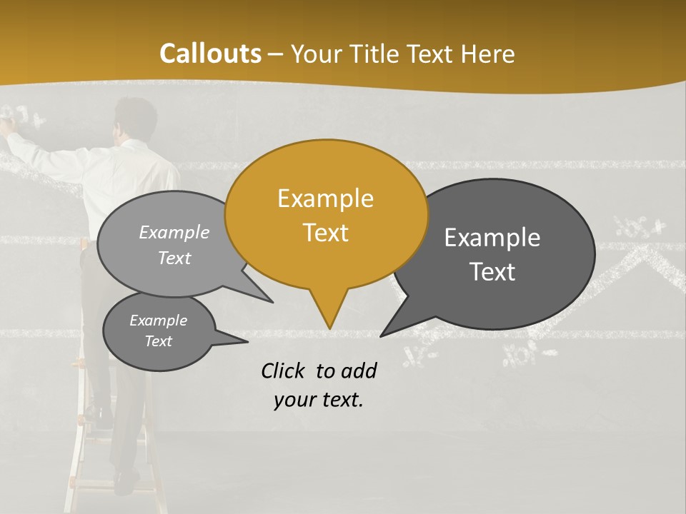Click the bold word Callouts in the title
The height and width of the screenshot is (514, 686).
[x=210, y=54]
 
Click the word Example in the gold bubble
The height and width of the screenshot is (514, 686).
[x=325, y=198]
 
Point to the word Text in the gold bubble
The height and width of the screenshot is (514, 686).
[x=325, y=233]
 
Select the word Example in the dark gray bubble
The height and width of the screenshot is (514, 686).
[x=492, y=238]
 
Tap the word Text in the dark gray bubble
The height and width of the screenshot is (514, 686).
[x=492, y=272]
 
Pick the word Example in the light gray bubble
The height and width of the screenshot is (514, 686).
[x=174, y=232]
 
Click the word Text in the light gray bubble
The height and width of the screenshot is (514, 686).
[x=174, y=258]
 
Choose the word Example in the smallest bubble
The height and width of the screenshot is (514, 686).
[x=158, y=321]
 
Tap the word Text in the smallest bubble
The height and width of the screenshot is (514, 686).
[x=158, y=341]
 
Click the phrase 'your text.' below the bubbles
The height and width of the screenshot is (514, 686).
[x=319, y=400]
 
